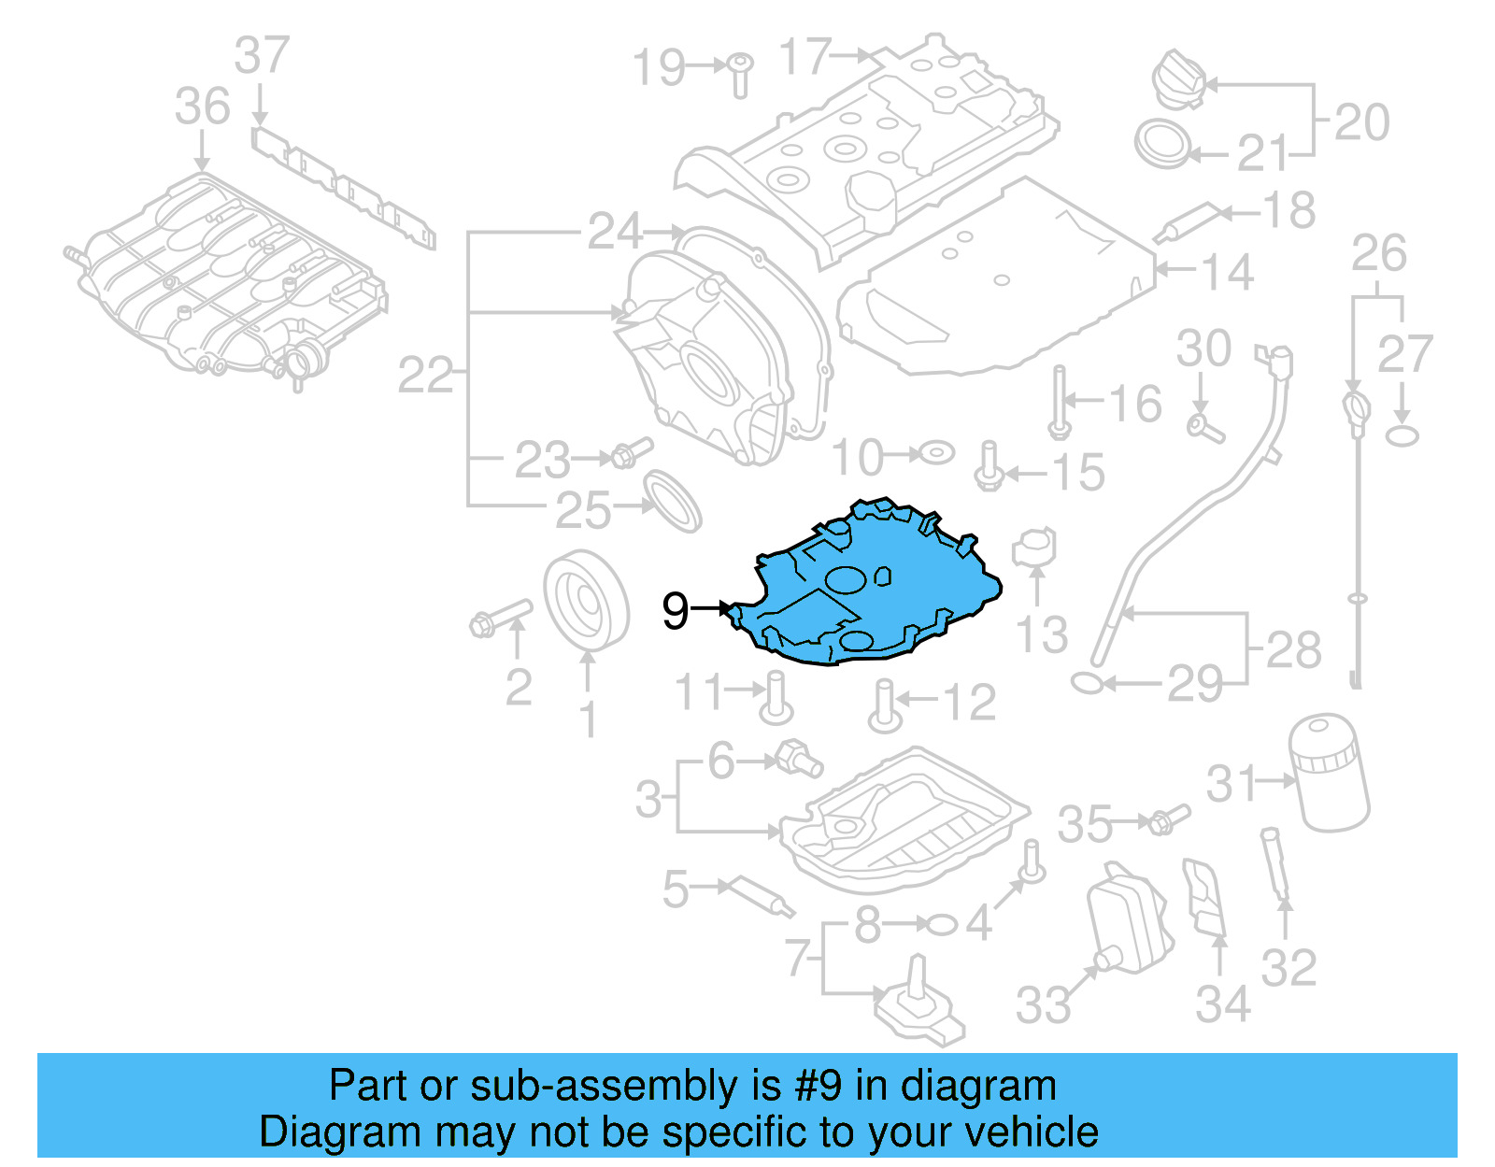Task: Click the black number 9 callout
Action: tap(675, 610)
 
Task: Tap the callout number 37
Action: tap(262, 56)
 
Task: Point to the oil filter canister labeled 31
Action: tap(1328, 773)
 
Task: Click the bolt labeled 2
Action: tap(500, 618)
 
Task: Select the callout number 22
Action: tap(426, 376)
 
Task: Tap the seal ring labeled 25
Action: tap(674, 501)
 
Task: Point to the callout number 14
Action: tap(1226, 272)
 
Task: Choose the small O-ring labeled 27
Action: tap(1402, 435)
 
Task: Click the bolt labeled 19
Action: tap(740, 74)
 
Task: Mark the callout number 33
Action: tap(1044, 1004)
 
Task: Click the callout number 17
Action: tap(805, 57)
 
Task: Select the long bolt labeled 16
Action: tap(1059, 401)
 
